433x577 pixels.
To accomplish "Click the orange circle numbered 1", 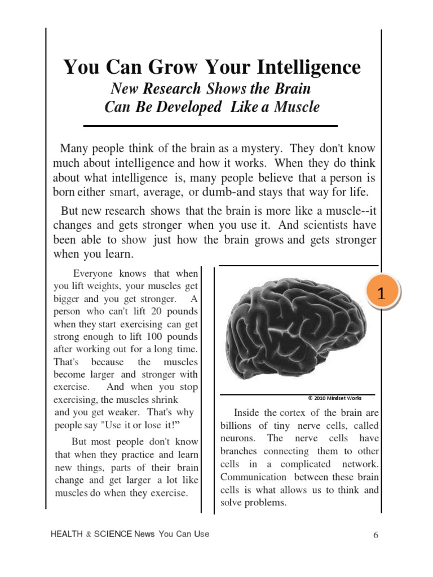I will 381,293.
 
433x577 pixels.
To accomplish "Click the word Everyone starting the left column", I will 94,274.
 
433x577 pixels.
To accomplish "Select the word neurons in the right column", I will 236,438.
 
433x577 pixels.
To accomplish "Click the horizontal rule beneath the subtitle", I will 210,125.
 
